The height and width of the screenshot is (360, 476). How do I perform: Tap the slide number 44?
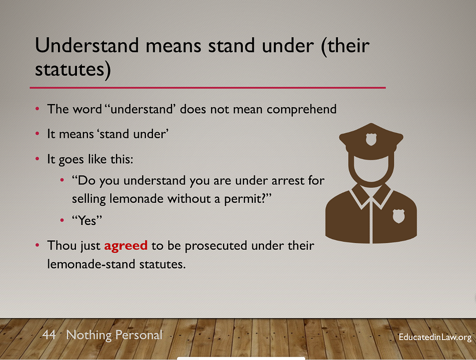(x=49, y=335)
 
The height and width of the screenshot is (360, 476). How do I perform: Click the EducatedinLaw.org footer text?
(x=435, y=337)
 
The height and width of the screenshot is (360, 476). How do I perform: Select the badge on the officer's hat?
(x=371, y=139)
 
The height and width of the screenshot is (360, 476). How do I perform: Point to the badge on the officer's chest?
(x=399, y=216)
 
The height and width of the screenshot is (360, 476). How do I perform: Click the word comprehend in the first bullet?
(x=302, y=109)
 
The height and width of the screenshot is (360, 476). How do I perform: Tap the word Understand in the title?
(x=87, y=45)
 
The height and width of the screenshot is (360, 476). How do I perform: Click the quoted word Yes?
(x=87, y=220)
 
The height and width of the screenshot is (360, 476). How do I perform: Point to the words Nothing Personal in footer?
(x=114, y=335)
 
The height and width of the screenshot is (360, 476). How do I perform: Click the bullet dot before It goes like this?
(x=37, y=158)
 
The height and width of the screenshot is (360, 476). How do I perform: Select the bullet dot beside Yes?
(x=62, y=220)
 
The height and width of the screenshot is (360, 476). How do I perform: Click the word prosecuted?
(x=216, y=246)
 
